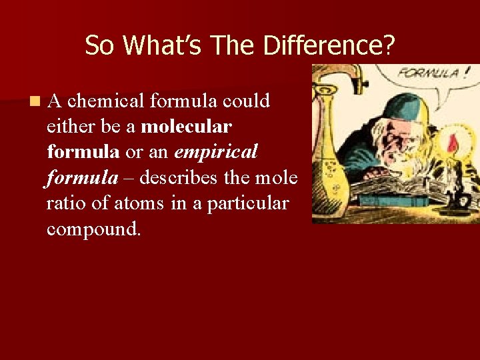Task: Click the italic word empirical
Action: click(x=216, y=152)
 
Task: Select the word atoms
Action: click(x=137, y=203)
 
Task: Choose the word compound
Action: click(x=94, y=229)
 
